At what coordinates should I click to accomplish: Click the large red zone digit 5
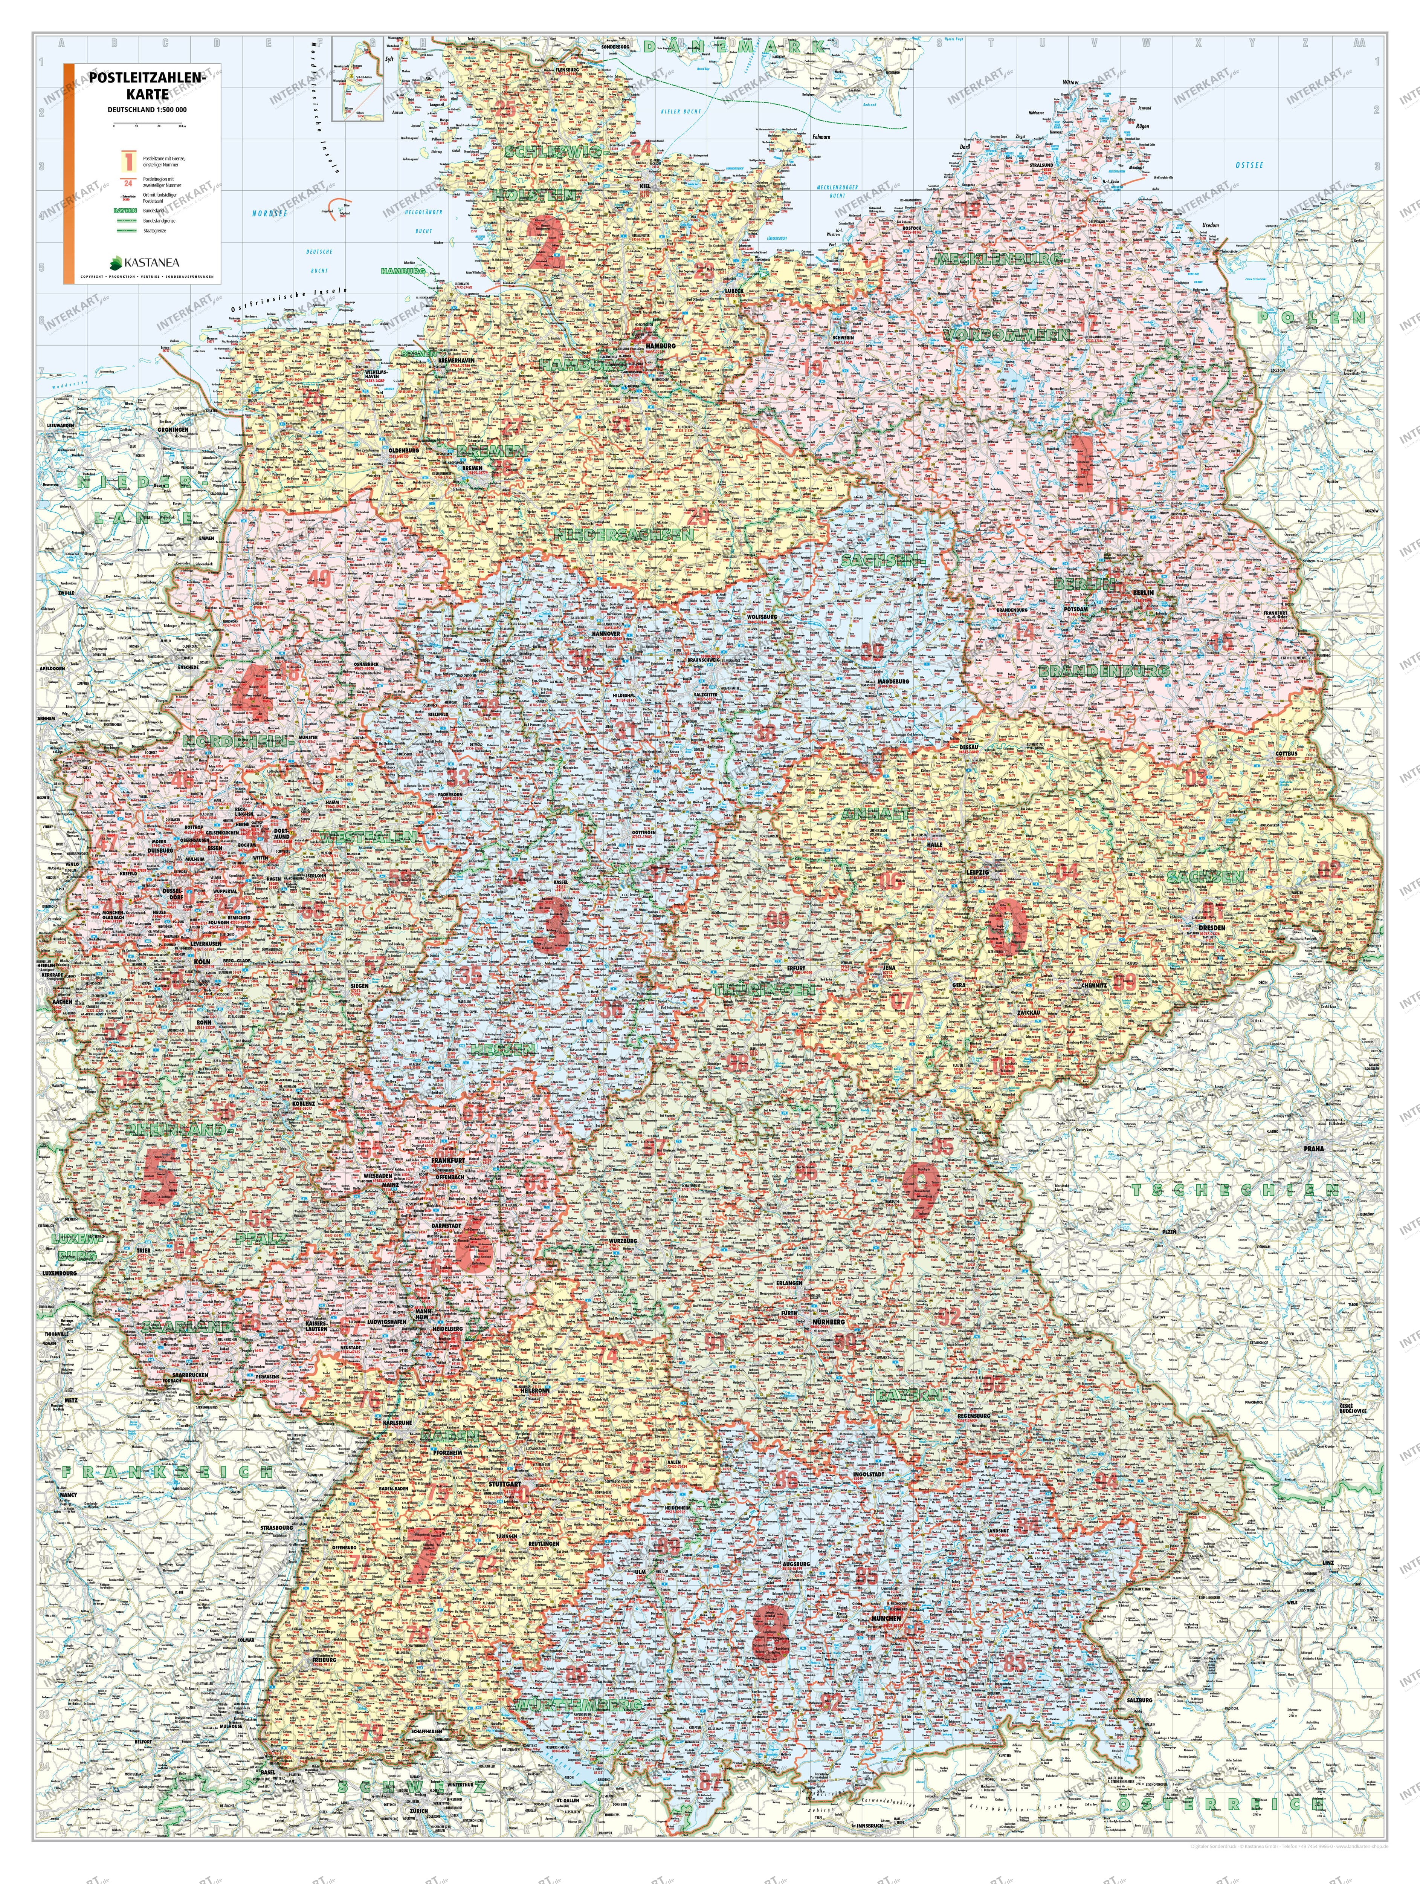(x=160, y=1175)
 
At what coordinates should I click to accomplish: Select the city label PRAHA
(x=1313, y=1148)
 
